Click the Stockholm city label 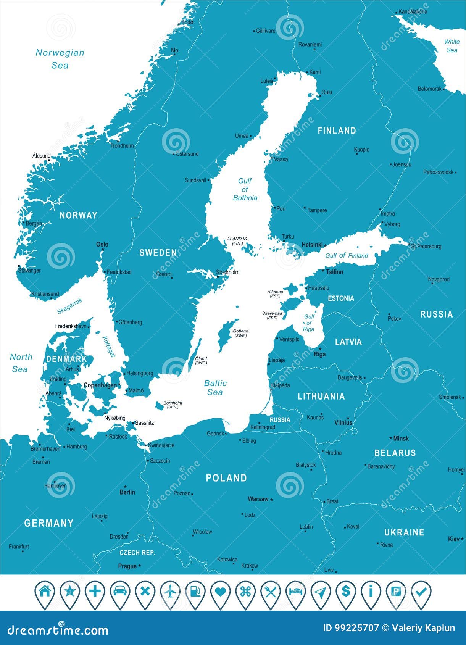point(228,272)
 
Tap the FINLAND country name point(337,131)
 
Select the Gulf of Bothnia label point(245,189)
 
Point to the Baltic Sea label point(215,388)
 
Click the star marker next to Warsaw point(272,500)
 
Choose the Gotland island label point(240,333)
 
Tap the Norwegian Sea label point(60,59)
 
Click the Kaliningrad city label point(263,427)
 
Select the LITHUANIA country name point(321,397)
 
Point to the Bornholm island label point(173,405)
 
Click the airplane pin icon point(170,592)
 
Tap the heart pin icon point(221,592)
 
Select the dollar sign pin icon point(346,592)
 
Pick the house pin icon point(45,592)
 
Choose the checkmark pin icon point(421,592)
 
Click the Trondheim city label point(122,145)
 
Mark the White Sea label point(452,46)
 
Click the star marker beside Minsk point(391,439)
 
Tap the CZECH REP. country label point(137,553)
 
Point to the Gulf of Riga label point(309,323)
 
